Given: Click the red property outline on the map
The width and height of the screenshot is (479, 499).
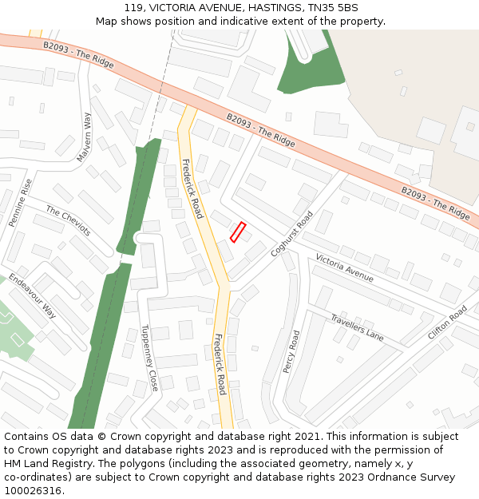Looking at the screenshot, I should (237, 232).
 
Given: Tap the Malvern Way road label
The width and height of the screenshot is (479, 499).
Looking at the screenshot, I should (85, 137).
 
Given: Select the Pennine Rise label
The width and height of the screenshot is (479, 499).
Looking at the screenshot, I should (21, 203).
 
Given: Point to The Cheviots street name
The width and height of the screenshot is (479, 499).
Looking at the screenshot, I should (68, 221).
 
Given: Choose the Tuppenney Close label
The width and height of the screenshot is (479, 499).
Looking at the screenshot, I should (149, 357).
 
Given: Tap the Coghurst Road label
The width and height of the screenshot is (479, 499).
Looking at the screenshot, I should (291, 234).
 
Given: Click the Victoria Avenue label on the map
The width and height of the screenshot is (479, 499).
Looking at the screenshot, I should (344, 267).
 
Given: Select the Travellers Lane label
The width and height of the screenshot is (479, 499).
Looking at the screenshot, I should (357, 327).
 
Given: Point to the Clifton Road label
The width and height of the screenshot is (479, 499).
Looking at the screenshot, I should (447, 323).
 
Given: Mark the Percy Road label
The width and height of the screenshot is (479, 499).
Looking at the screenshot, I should (291, 351).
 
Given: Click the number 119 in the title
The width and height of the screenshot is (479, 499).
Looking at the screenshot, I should (134, 8).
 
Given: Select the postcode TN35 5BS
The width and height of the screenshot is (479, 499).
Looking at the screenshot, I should (331, 8).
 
